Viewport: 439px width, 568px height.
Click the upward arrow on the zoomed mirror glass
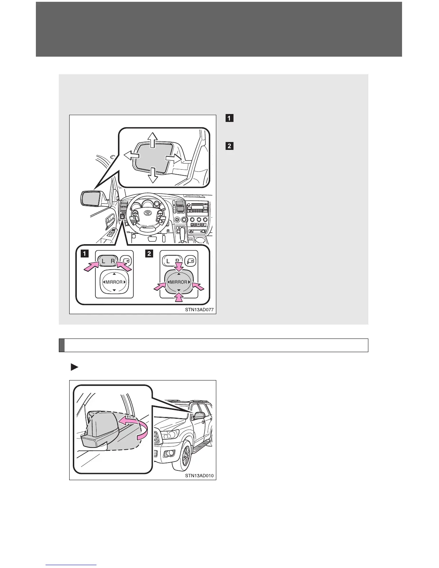[x=153, y=139]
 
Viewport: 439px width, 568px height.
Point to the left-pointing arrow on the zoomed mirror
[x=131, y=155]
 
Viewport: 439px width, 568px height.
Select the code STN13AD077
[x=199, y=309]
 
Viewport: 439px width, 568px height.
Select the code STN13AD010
[x=199, y=476]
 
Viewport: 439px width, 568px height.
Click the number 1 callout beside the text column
[x=229, y=118]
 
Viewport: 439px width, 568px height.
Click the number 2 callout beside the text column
[x=229, y=146]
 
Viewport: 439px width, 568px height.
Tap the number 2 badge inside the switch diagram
[x=148, y=254]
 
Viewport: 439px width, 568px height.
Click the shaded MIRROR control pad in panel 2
[x=179, y=282]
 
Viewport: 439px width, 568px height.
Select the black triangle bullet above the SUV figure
[x=74, y=367]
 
